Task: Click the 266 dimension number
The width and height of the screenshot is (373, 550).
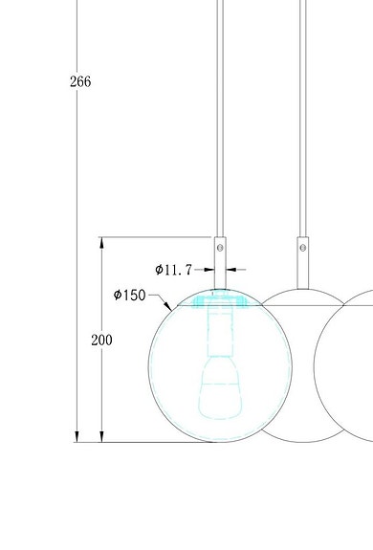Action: pyautogui.click(x=80, y=82)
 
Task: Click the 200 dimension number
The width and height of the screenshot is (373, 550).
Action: pyautogui.click(x=101, y=341)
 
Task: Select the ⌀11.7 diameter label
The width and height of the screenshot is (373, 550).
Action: pyautogui.click(x=179, y=270)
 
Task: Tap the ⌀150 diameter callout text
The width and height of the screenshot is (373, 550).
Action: pyautogui.click(x=129, y=295)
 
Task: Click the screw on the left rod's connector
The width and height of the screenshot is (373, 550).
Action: pyautogui.click(x=221, y=248)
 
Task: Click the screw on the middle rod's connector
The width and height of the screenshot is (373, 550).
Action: pyautogui.click(x=303, y=248)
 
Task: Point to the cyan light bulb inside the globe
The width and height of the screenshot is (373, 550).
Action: pyautogui.click(x=220, y=396)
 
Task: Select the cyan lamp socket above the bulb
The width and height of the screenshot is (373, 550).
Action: pyautogui.click(x=220, y=334)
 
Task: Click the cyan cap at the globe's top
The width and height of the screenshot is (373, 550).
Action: pyautogui.click(x=220, y=300)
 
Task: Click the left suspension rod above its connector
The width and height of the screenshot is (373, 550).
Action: pyautogui.click(x=221, y=115)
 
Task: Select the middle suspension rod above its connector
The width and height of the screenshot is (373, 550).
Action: pyautogui.click(x=303, y=115)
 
